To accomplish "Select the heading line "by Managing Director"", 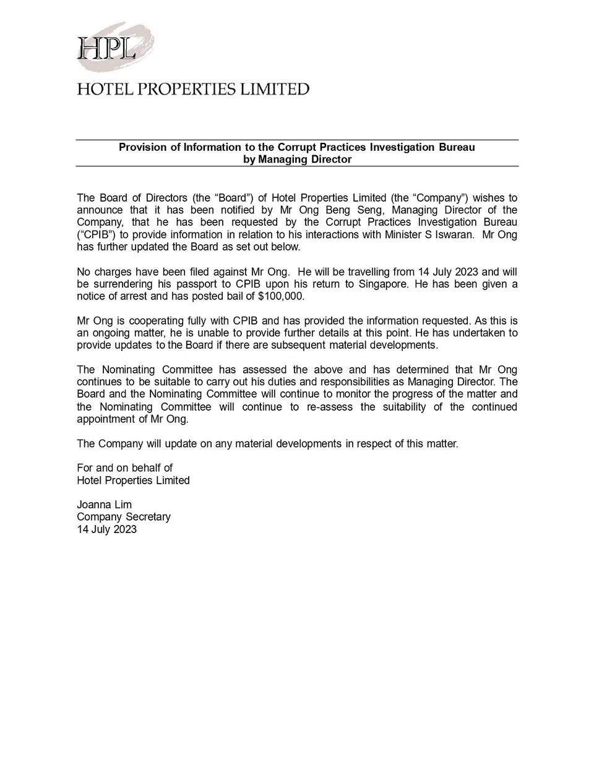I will (297, 160).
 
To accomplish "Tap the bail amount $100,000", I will (281, 296).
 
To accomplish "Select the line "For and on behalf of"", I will (124, 468).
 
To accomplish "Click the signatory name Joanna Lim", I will (104, 505).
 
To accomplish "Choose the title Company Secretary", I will (124, 517).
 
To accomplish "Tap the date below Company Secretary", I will (106, 529).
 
